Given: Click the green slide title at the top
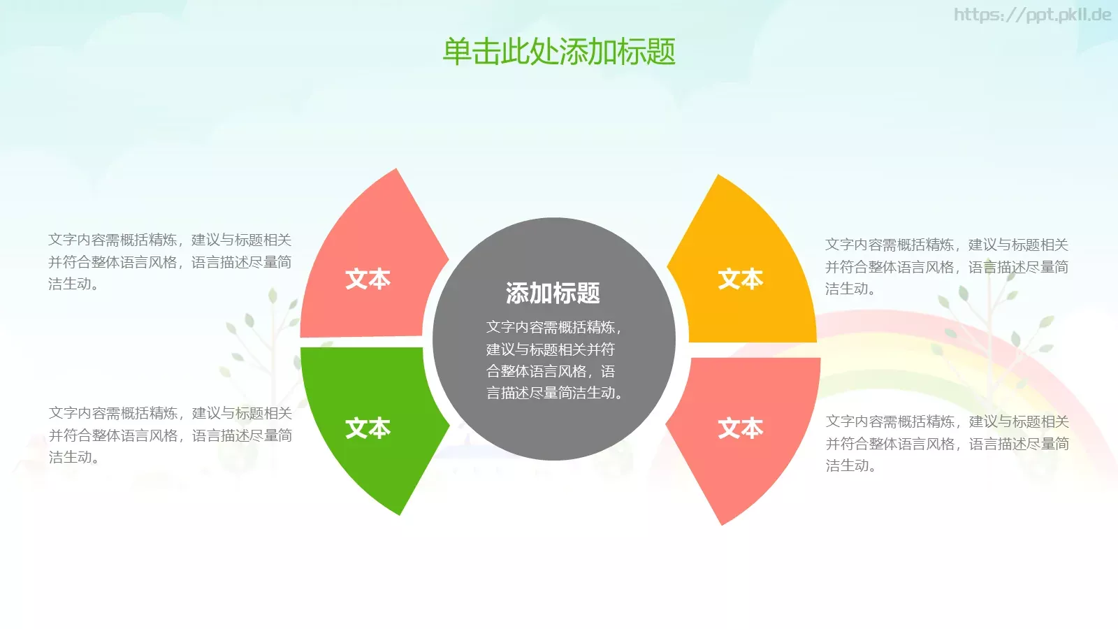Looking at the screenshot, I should click(559, 52).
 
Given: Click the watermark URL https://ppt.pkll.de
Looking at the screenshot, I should click(1032, 15).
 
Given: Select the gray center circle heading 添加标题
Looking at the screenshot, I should click(553, 293).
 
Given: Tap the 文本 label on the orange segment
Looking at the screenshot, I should click(741, 279).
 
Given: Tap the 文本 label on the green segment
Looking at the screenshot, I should click(368, 428).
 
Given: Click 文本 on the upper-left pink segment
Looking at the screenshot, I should click(368, 279).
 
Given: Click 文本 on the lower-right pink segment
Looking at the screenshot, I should click(741, 428).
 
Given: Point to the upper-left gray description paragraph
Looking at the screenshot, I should click(170, 261).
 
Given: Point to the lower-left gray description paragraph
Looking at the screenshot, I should click(170, 435).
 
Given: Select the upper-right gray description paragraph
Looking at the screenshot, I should click(947, 266).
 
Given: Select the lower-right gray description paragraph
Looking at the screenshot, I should click(947, 443).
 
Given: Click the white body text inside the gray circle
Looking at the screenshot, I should click(553, 360).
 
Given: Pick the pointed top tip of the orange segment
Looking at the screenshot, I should click(718, 178).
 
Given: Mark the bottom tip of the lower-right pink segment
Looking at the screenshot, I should click(722, 522).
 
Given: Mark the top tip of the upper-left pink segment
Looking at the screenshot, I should click(396, 171).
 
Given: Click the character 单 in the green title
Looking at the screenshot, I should click(457, 52).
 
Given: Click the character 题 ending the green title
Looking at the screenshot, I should click(661, 52).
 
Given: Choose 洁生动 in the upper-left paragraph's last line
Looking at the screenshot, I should click(69, 284).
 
